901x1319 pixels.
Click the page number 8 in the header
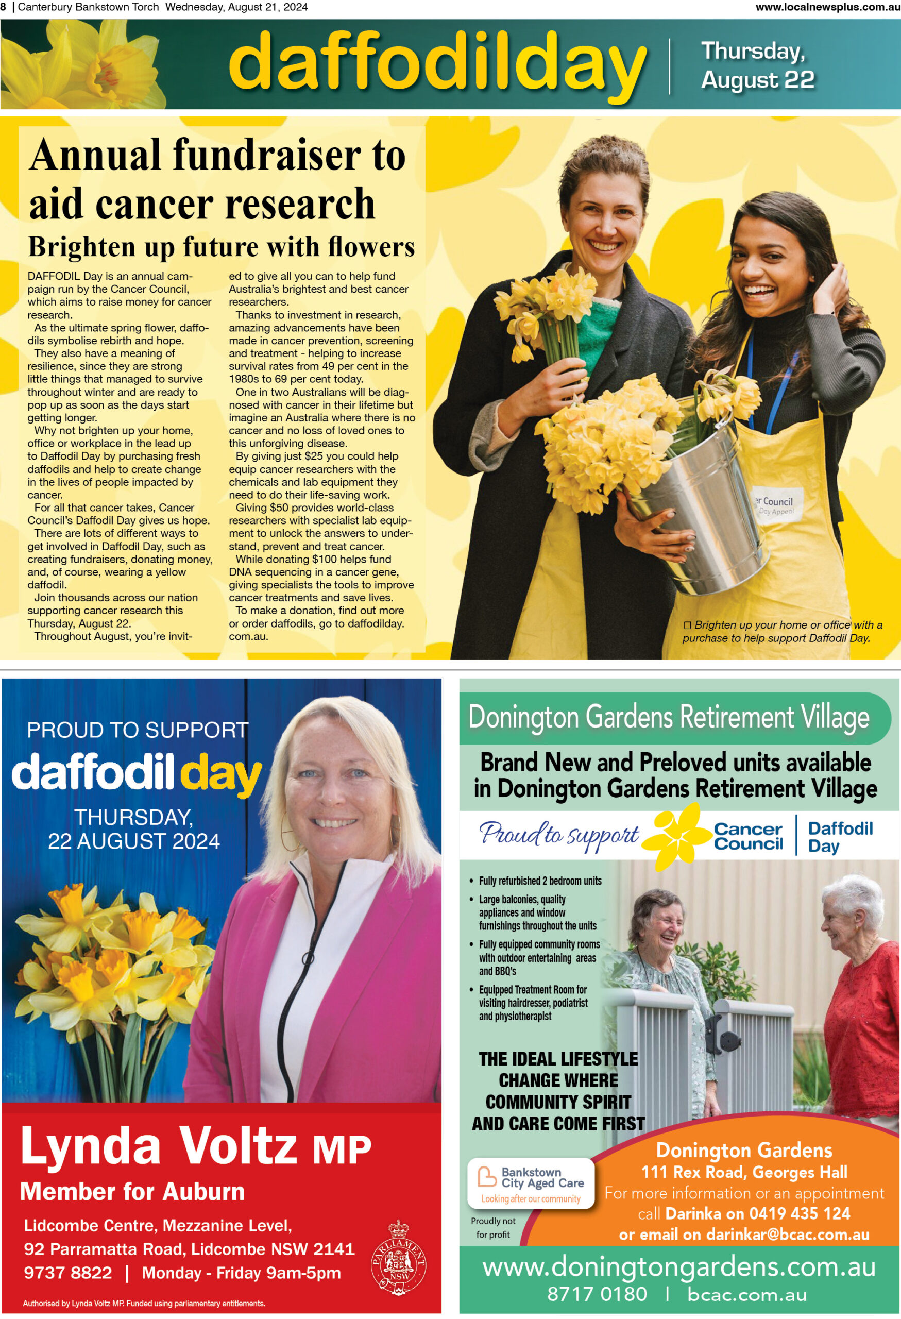pos(4,7)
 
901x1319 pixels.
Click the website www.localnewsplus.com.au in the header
pos(827,7)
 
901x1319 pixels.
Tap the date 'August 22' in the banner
pos(757,80)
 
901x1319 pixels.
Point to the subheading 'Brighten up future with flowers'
pos(222,247)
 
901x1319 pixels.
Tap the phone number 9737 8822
pos(68,1273)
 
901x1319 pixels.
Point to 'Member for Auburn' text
pos(132,1192)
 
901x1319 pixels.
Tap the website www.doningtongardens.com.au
pos(679,1267)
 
